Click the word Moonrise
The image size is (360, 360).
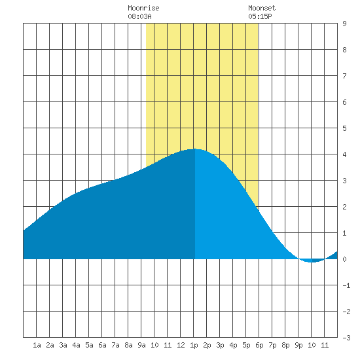(143, 8)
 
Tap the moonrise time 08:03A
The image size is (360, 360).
(139, 16)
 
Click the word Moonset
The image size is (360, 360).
(262, 8)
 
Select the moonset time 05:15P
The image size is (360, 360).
(260, 16)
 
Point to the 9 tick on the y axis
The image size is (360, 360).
(344, 24)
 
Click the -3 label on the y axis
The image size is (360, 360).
(346, 338)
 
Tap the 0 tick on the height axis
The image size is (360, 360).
(344, 259)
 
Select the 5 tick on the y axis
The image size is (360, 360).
(344, 128)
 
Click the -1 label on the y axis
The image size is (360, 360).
(346, 285)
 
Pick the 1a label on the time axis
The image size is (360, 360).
(37, 345)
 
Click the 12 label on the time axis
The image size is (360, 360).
(181, 345)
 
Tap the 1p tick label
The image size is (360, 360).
(194, 345)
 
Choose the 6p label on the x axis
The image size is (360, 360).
(259, 345)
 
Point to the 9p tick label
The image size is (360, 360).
(298, 345)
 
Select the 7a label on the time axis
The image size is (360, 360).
(115, 345)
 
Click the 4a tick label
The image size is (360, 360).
(76, 345)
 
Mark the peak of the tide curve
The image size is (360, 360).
(194, 149)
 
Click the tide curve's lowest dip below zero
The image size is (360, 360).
(312, 262)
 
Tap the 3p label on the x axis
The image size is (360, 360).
(220, 345)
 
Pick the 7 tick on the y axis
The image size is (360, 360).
(344, 76)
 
